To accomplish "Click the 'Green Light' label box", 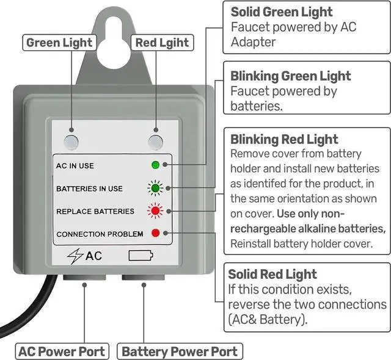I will pyautogui.click(x=59, y=43).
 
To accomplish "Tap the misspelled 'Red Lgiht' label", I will pyautogui.click(x=162, y=43).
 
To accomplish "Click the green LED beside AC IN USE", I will pyautogui.click(x=155, y=165).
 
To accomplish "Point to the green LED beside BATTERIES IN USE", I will pyautogui.click(x=155, y=188).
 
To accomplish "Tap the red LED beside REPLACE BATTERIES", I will pyautogui.click(x=155, y=211).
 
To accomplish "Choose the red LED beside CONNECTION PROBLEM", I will pyautogui.click(x=155, y=233).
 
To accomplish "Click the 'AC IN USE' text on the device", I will pyautogui.click(x=75, y=166).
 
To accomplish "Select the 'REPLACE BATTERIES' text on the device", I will pyautogui.click(x=95, y=211).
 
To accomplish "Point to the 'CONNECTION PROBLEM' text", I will pyautogui.click(x=100, y=234).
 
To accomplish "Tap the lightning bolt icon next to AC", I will pyautogui.click(x=76, y=256).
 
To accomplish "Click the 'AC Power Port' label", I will pyautogui.click(x=62, y=351).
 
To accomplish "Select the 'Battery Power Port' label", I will pyautogui.click(x=179, y=351).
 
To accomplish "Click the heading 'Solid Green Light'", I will pyautogui.click(x=281, y=12).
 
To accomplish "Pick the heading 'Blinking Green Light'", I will pyautogui.click(x=290, y=76).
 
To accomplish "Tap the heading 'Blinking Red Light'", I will pyautogui.click(x=284, y=140).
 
